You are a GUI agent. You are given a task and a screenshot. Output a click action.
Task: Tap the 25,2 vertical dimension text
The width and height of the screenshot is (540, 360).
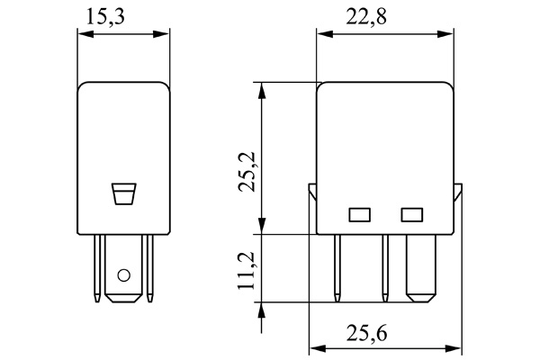point(244,171)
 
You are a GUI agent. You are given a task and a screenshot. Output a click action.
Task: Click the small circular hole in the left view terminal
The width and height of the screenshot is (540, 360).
point(124,275)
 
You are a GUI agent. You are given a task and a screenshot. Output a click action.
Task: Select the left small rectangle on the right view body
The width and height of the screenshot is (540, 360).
point(359,214)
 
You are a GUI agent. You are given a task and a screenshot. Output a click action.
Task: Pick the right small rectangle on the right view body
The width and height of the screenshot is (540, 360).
point(412,214)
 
